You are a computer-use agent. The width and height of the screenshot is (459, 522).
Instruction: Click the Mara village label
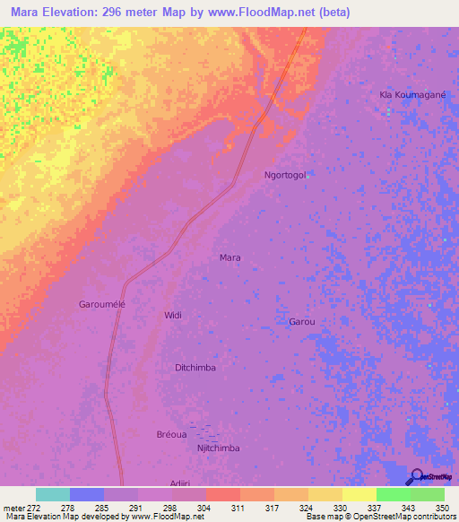230,257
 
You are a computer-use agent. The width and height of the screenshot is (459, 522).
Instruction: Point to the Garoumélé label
102,304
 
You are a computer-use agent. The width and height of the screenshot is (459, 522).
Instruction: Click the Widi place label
172,315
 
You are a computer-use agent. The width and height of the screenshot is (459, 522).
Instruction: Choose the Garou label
302,320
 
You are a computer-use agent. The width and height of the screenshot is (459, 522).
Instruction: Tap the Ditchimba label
195,368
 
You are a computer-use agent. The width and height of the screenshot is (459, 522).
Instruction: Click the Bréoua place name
171,435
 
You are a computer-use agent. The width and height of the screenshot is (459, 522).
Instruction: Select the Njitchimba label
218,448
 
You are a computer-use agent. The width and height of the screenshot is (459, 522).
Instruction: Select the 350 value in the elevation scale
443,507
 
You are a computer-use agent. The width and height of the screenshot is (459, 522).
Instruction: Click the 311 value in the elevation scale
239,507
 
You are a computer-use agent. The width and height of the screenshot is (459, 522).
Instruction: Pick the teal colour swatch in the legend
53,494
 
